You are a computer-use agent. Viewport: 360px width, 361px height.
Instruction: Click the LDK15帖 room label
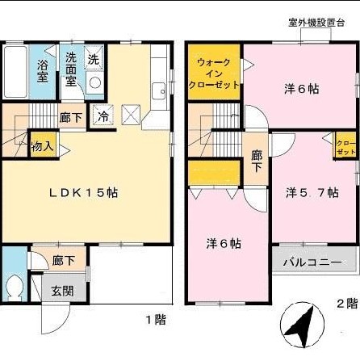(84, 194)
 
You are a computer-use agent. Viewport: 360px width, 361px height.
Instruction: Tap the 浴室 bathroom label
(42, 72)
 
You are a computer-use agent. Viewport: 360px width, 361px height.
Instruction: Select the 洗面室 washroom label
(71, 70)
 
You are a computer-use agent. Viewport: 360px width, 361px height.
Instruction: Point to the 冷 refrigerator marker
(103, 116)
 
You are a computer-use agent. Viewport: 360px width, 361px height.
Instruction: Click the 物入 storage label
(43, 146)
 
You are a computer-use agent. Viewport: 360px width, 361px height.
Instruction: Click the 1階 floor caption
(155, 320)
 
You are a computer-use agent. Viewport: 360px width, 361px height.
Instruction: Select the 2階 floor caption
(346, 304)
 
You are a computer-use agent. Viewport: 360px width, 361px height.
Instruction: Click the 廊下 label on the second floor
(256, 161)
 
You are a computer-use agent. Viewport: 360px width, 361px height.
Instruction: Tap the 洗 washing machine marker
(94, 59)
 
